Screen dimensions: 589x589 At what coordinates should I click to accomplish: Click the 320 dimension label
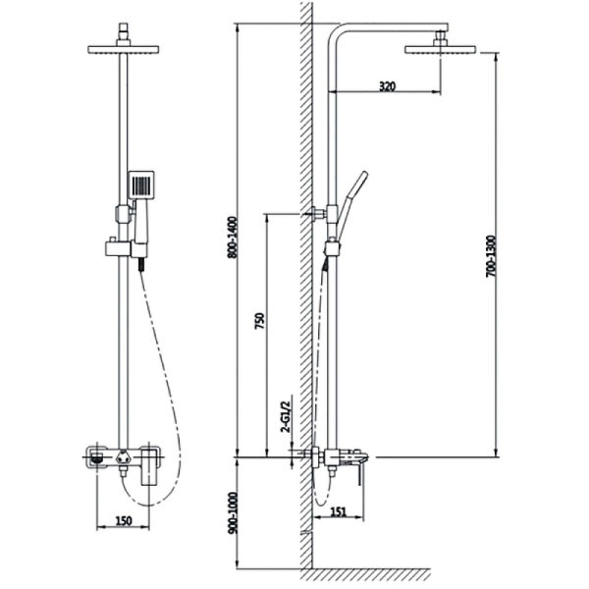(388, 86)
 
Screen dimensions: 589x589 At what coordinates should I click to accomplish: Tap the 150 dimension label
(124, 521)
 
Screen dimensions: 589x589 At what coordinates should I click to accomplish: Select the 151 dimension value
(339, 511)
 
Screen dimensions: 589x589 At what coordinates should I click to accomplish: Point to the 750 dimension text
(260, 321)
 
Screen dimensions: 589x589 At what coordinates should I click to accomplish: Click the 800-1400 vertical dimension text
(233, 237)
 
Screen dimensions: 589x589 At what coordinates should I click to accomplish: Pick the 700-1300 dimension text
(491, 256)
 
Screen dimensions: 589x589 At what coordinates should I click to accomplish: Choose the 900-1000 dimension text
(233, 512)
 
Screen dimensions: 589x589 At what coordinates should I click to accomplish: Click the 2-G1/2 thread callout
(287, 413)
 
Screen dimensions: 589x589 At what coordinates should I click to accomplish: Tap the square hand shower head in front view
(141, 185)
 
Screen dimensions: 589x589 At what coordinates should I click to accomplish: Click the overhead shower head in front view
(124, 50)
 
